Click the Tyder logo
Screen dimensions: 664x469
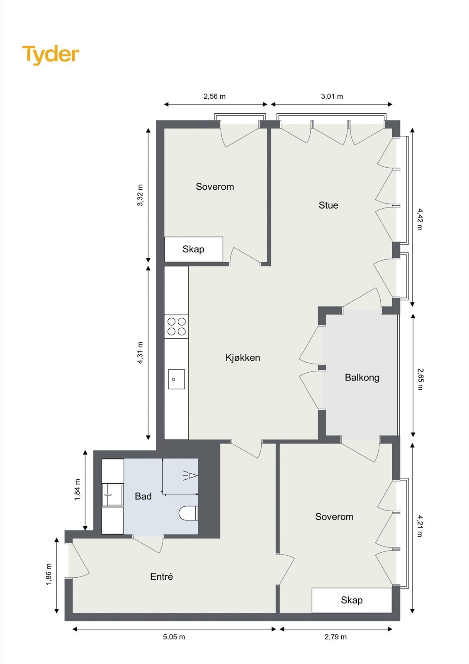tap(51, 55)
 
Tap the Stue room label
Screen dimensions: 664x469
tap(328, 205)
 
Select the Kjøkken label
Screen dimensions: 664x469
tap(243, 357)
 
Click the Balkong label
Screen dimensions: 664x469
tap(362, 377)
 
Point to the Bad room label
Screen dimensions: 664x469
tap(143, 496)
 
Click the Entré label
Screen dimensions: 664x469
tap(161, 576)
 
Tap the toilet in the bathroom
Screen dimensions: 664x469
tap(189, 513)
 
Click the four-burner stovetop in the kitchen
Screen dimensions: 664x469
tap(176, 326)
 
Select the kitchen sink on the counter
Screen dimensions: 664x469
tap(176, 379)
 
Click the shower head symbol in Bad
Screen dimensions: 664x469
tap(191, 476)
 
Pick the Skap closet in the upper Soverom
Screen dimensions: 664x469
tap(194, 249)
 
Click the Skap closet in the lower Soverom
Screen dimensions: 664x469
tap(352, 600)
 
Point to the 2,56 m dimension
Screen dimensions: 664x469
tap(214, 96)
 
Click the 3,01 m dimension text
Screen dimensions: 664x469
tap(332, 96)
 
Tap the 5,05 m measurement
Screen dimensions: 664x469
tap(174, 637)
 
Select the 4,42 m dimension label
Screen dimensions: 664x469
tap(419, 220)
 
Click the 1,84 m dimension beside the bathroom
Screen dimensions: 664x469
tap(78, 490)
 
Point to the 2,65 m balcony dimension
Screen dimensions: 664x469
tap(420, 379)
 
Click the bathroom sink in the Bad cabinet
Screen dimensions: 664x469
tap(112, 495)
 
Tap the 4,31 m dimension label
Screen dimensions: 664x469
tap(140, 353)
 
